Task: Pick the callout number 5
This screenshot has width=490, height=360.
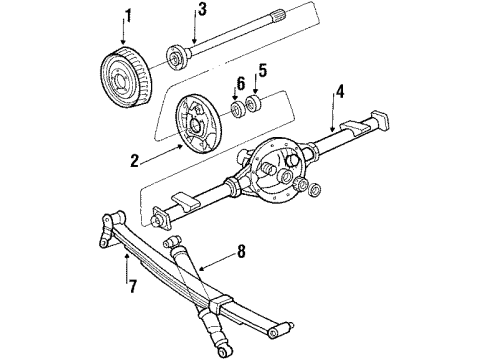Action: click(x=264, y=71)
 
